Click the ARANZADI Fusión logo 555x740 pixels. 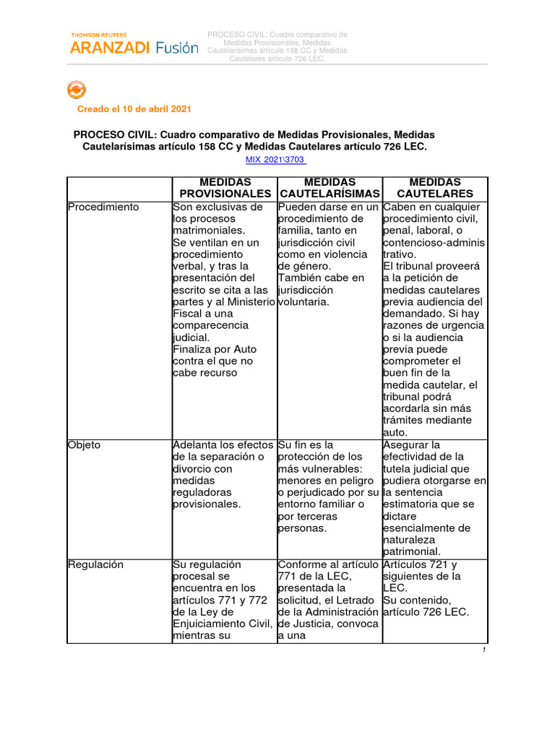coord(134,47)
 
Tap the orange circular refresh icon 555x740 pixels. coord(76,90)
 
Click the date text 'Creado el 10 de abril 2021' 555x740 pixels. coord(134,109)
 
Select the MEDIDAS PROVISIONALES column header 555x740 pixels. coord(224,188)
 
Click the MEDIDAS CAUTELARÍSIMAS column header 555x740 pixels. coord(330,188)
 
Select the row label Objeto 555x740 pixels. coord(84,445)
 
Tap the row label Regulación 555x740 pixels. coord(95,564)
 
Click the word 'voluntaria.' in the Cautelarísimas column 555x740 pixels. coord(304,302)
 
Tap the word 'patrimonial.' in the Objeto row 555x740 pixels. coord(412,552)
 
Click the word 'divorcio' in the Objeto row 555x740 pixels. coord(192,469)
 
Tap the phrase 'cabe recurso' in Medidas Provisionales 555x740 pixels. coord(205,373)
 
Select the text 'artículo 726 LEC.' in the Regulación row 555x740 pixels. coord(426,612)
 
